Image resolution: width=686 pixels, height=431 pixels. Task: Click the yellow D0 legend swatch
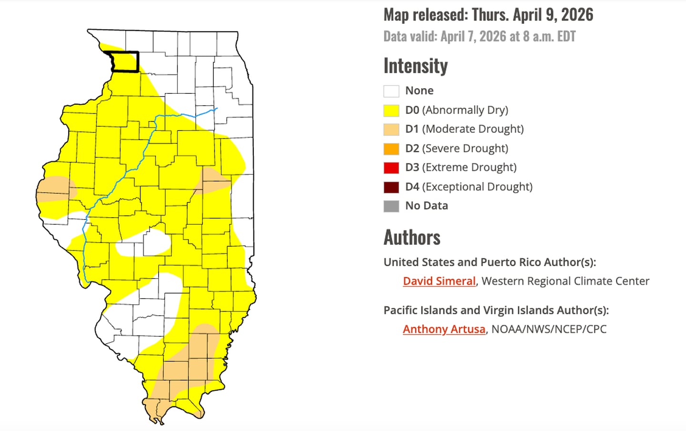391,110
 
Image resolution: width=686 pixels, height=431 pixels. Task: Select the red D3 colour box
391,168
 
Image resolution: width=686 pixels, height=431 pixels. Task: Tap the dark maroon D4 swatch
391,187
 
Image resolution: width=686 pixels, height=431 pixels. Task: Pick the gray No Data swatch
391,206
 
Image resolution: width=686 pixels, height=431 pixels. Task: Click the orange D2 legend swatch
391,149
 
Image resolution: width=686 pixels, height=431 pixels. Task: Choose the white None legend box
391,91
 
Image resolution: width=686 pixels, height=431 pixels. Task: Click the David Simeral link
439,281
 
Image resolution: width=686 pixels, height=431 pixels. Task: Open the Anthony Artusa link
444,330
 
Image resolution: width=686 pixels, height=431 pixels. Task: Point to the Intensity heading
415,66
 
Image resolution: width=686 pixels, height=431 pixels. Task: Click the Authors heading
412,237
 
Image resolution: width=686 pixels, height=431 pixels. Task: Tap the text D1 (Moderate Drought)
464,129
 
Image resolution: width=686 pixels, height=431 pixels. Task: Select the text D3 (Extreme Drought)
461,168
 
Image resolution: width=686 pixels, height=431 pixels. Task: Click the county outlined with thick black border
125,62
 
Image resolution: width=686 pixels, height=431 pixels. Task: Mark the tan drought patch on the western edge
55,189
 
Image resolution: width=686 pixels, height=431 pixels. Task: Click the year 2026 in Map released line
577,15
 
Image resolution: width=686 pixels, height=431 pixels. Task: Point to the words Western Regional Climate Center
565,281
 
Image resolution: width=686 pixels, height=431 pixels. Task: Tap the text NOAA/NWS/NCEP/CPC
549,330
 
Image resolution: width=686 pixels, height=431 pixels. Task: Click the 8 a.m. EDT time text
550,37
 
